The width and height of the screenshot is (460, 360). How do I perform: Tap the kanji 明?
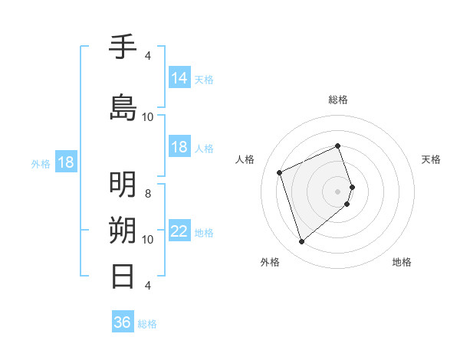click(123, 185)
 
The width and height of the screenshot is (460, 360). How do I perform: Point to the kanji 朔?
click(123, 231)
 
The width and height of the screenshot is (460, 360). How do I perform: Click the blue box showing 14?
click(179, 78)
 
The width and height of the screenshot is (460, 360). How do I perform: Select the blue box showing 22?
click(179, 231)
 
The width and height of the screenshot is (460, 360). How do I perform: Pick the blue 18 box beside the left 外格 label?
click(65, 162)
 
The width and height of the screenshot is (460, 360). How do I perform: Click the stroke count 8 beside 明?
click(148, 193)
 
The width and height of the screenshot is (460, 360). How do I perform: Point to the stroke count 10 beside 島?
click(148, 116)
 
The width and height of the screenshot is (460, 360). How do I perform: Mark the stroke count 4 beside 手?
click(148, 56)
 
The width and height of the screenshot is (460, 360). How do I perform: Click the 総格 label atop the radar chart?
click(338, 100)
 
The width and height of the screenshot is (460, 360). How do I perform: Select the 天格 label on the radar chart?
click(431, 159)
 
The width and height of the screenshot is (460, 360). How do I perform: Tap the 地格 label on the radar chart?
click(402, 262)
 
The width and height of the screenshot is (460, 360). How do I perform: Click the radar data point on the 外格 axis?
click(301, 242)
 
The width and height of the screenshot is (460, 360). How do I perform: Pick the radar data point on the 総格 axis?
click(338, 146)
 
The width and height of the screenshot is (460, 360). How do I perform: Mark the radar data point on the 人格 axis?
click(280, 172)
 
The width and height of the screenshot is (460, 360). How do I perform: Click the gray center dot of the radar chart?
click(338, 191)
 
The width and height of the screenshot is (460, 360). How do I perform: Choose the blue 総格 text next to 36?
click(147, 323)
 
